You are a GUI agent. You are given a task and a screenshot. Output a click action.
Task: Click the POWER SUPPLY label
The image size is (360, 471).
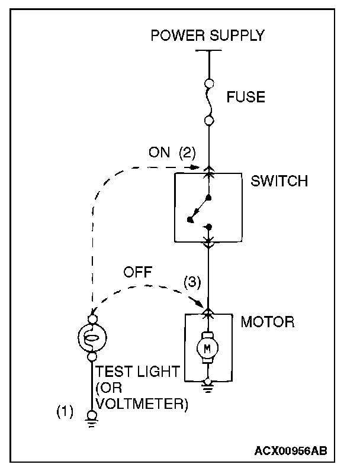point(207,36)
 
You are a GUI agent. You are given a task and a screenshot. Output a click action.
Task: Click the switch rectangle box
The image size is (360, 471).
point(207,207)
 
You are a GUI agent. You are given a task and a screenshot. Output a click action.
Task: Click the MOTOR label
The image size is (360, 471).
point(267,322)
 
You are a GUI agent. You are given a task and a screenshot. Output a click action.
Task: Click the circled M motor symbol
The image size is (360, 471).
point(207,349)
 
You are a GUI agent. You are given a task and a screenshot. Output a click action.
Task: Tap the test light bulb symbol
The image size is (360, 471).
point(92,338)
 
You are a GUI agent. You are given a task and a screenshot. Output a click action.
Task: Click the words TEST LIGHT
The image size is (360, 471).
point(138,372)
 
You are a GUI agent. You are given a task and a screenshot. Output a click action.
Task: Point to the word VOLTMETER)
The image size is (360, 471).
point(142,404)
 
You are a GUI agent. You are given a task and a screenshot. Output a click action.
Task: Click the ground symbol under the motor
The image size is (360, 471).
point(207,385)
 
